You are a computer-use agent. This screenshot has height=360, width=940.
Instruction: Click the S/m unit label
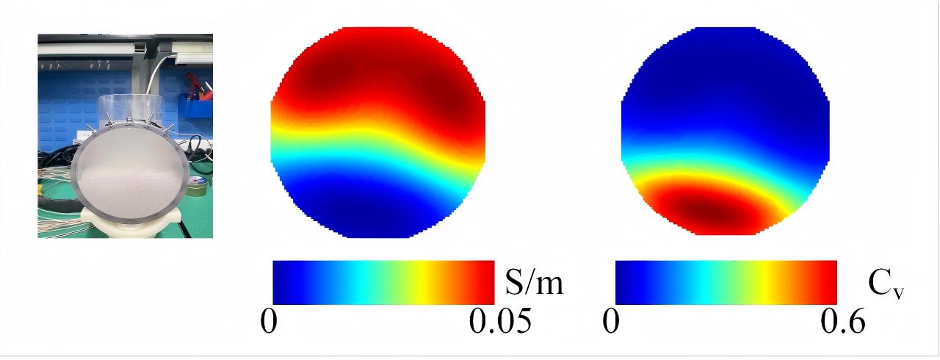(534, 281)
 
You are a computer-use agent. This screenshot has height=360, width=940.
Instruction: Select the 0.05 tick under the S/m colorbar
(500, 321)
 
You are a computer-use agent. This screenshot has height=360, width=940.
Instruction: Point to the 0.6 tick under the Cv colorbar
(842, 321)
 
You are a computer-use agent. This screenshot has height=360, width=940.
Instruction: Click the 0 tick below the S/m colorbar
(269, 321)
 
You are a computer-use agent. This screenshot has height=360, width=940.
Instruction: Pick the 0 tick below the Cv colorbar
(611, 321)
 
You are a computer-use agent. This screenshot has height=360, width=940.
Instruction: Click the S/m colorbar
(383, 282)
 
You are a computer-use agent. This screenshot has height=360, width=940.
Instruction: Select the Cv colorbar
(726, 282)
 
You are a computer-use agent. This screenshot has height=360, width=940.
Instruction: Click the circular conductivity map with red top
(378, 132)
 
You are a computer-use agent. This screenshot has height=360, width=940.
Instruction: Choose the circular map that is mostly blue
(725, 131)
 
